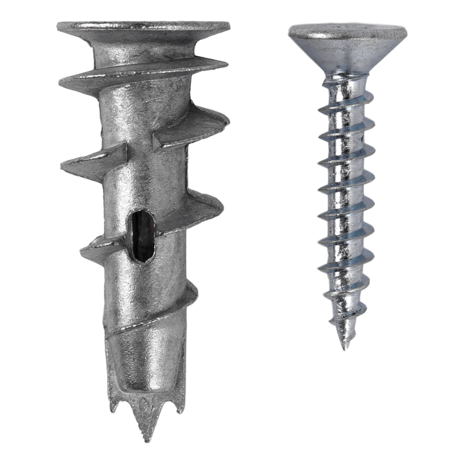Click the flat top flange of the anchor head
tap(143, 27)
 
